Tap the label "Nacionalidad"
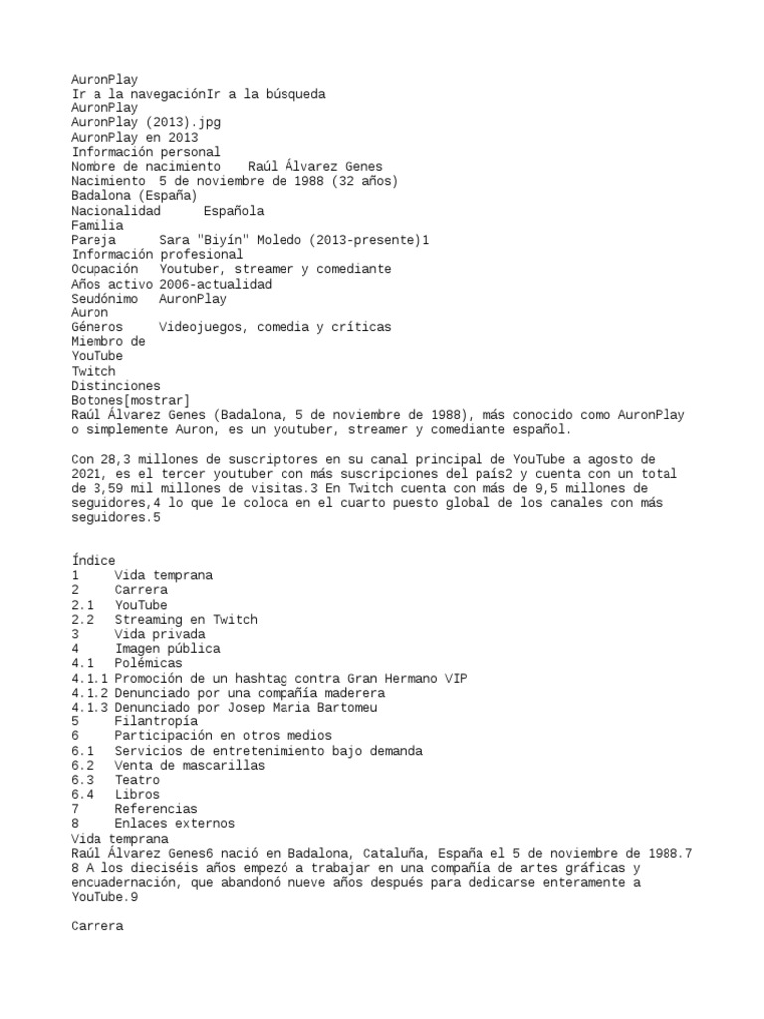pos(115,211)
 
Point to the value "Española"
pos(234,211)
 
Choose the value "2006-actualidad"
pos(215,284)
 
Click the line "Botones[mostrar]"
pos(129,400)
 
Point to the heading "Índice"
pos(94,561)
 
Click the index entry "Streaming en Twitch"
pos(186,620)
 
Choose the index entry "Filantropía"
pos(156,721)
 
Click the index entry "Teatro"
pos(136,780)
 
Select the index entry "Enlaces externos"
pos(174,824)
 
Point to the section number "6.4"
pos(83,795)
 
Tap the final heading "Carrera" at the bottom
pos(97,926)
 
